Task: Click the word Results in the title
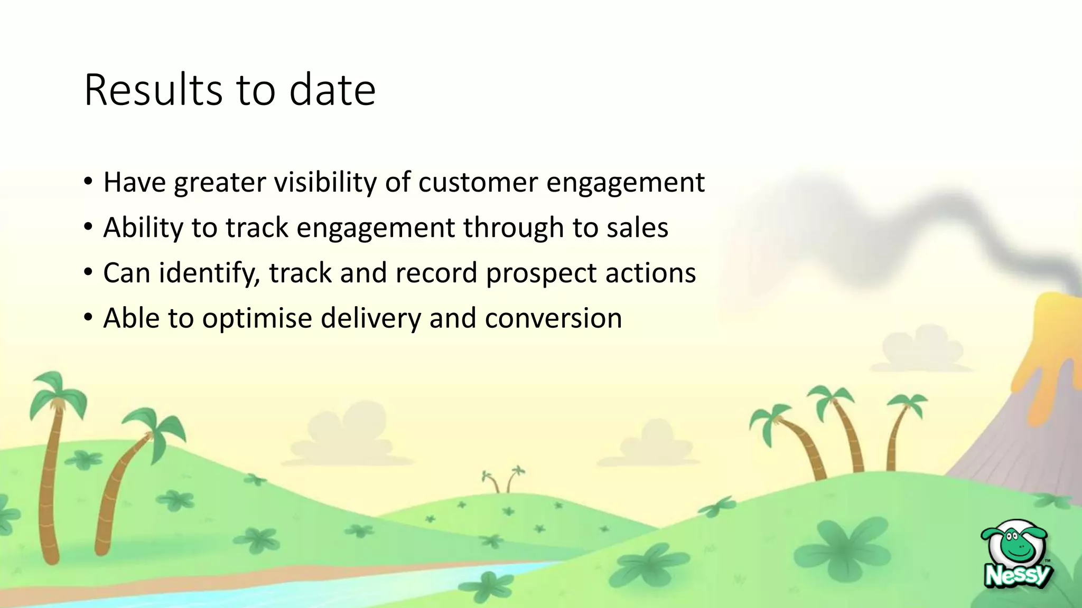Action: pyautogui.click(x=153, y=90)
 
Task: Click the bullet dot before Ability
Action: pyautogui.click(x=88, y=228)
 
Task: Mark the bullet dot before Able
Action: pyautogui.click(x=88, y=319)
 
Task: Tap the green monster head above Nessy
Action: pyautogui.click(x=1015, y=544)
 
